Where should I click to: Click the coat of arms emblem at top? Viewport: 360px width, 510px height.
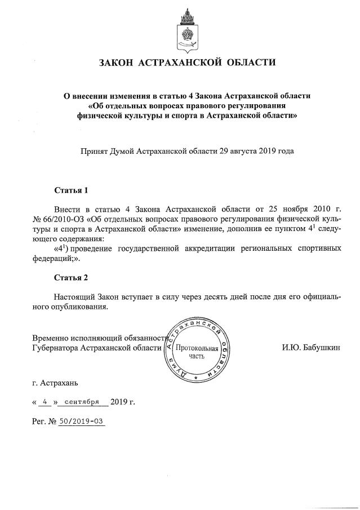pyautogui.click(x=184, y=28)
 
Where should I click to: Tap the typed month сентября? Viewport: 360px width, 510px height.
pyautogui.click(x=82, y=402)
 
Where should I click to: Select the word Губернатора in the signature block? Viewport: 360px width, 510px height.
pyautogui.click(x=55, y=348)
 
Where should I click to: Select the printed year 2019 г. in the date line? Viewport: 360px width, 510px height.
pyautogui.click(x=123, y=402)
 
